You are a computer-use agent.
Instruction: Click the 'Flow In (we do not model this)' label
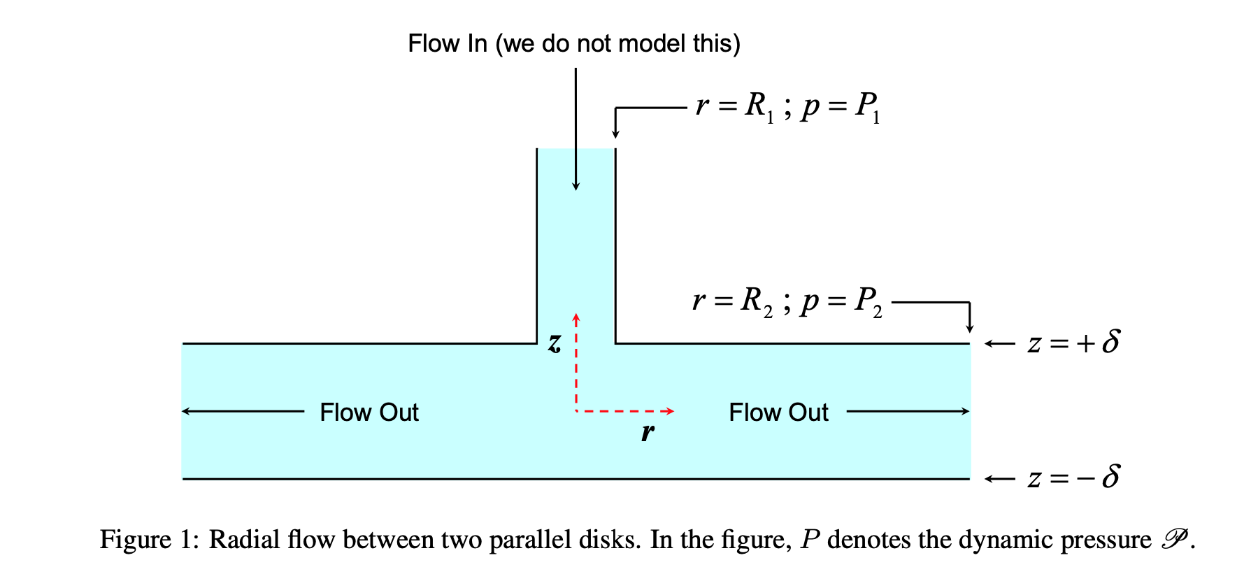(573, 43)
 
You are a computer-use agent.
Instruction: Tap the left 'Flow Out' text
(369, 412)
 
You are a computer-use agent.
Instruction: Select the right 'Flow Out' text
(778, 412)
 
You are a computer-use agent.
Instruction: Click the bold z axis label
(555, 343)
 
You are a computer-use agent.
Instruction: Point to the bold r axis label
(648, 432)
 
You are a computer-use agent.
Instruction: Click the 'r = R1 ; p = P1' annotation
(787, 107)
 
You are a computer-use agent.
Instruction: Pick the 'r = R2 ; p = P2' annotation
(787, 301)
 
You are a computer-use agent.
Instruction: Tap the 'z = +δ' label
(1073, 343)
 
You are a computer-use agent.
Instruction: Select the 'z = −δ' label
(1073, 478)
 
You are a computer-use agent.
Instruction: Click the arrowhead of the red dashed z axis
(576, 318)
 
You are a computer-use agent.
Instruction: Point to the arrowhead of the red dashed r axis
(670, 411)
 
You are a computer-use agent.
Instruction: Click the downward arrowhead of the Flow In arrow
(576, 186)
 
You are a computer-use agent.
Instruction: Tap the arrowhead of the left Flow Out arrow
(186, 411)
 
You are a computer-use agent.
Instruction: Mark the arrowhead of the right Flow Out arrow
(966, 411)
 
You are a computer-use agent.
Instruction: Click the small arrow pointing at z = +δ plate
(999, 343)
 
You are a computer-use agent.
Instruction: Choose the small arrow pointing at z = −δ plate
(999, 479)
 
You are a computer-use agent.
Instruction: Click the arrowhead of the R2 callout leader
(970, 329)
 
